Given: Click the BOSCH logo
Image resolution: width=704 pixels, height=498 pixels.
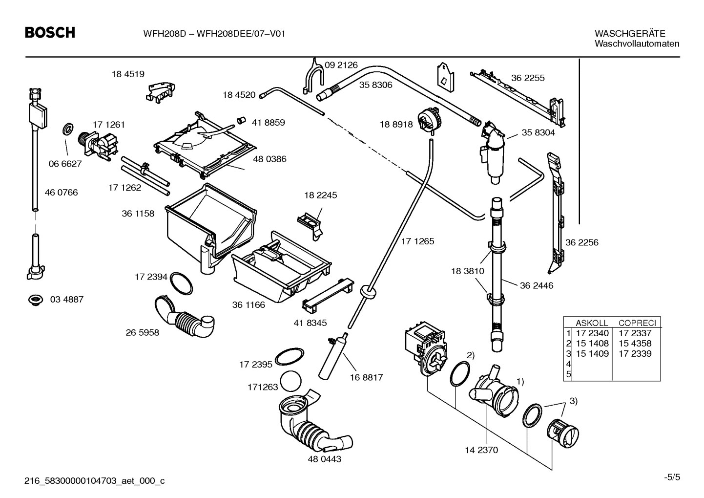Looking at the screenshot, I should click(50, 33).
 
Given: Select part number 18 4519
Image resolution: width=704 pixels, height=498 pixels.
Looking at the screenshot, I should click(128, 74).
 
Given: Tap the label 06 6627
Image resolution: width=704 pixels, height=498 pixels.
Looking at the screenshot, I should click(65, 164).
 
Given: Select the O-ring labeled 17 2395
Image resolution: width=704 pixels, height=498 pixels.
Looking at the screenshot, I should click(290, 356).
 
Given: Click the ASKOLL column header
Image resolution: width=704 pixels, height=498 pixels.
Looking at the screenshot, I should click(592, 323).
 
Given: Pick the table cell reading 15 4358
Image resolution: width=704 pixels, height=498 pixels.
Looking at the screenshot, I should click(635, 344).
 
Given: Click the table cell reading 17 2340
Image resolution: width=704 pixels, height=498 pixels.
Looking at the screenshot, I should click(592, 333).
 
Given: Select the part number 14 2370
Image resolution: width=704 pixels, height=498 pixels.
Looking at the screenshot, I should click(481, 450).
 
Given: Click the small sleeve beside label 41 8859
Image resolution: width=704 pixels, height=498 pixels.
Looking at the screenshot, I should click(240, 120).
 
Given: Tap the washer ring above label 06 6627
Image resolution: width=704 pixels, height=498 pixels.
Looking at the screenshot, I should click(68, 130).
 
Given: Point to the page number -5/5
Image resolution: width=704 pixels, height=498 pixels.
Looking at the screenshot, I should click(672, 477).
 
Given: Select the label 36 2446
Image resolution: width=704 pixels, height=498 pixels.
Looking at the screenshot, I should click(536, 285).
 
